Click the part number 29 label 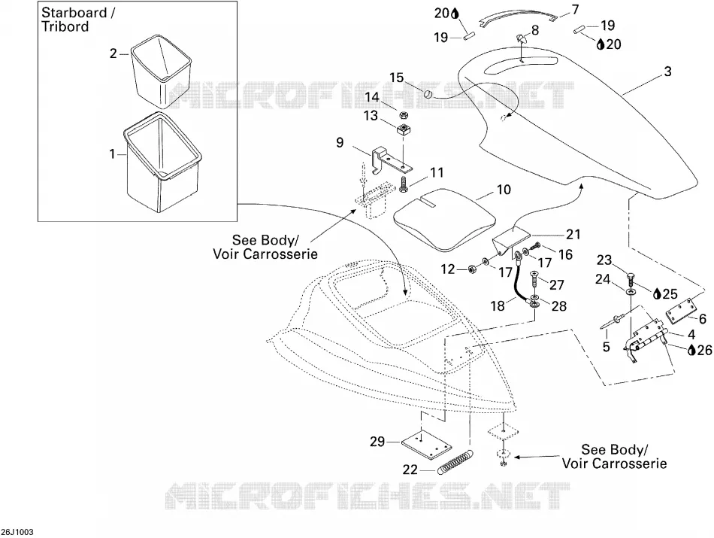pos(377,442)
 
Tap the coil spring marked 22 pos(455,462)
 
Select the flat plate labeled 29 pos(425,445)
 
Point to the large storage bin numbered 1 pos(162,162)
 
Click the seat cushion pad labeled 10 pos(444,219)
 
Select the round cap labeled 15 pos(428,94)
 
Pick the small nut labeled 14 pos(404,114)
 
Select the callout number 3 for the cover pos(667,71)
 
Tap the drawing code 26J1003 pos(17,532)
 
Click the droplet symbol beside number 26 pos(691,350)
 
